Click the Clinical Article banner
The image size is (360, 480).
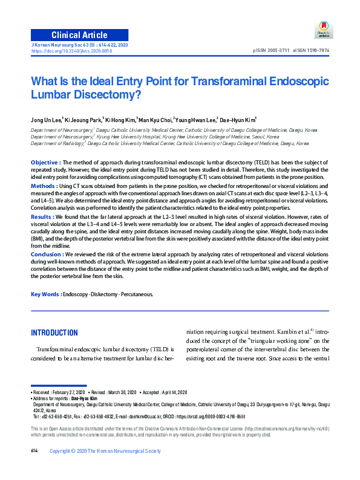(79, 35)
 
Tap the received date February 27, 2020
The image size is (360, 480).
(71, 392)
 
